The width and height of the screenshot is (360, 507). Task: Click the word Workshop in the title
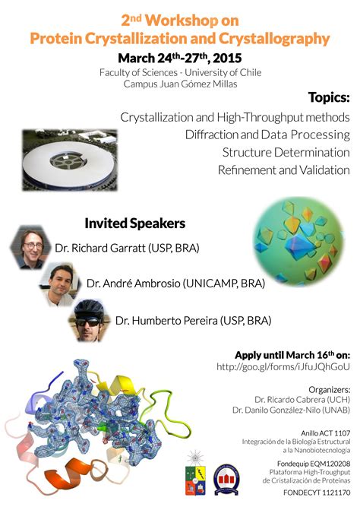click(x=182, y=21)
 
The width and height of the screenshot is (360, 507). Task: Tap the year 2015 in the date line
click(x=227, y=59)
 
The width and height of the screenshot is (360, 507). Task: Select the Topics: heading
click(x=329, y=97)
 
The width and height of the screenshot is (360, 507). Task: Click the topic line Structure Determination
click(x=286, y=152)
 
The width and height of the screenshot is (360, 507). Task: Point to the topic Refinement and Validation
click(x=284, y=170)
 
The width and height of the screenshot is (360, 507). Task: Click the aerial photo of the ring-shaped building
click(x=70, y=160)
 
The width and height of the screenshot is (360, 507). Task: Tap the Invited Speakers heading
click(x=134, y=223)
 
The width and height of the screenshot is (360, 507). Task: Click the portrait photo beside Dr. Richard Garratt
click(x=30, y=247)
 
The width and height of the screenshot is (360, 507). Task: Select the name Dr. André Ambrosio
click(x=134, y=284)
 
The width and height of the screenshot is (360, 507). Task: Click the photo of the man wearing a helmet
click(x=89, y=320)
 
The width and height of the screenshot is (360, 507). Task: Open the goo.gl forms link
click(x=283, y=366)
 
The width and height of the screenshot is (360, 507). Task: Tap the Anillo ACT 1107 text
click(x=325, y=433)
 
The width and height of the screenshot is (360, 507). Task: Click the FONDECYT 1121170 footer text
click(x=317, y=493)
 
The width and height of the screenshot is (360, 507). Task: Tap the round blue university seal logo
click(x=226, y=480)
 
